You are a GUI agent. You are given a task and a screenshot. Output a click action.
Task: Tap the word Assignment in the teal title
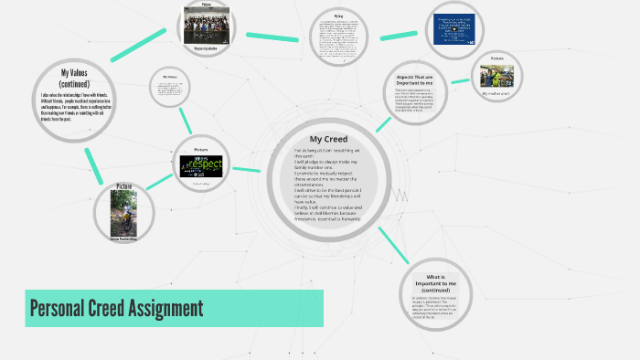coord(158,308)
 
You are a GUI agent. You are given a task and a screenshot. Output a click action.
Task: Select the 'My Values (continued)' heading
coord(73,77)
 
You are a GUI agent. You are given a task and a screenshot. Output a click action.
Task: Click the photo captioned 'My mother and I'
coord(496,74)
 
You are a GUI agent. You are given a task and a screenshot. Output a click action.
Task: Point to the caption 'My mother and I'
coord(496,92)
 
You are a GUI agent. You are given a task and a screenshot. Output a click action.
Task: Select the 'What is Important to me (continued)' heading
coord(434,283)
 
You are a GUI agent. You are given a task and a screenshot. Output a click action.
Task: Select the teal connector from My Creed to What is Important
coord(390,240)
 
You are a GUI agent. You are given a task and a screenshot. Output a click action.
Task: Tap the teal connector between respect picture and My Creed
coord(247,169)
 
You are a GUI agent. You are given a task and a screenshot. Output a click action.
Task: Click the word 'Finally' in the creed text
coord(304,207)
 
